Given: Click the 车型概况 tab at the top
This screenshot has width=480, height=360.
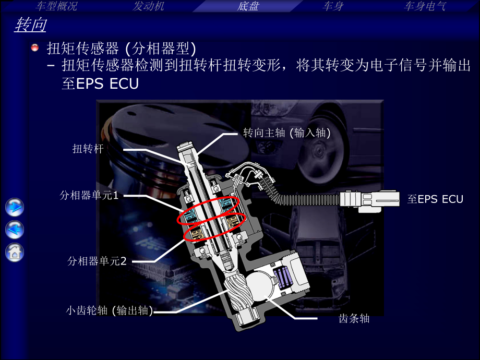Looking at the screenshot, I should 56,6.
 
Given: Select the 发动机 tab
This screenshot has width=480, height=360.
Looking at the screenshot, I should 149,6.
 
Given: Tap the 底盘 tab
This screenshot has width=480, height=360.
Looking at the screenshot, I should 248,6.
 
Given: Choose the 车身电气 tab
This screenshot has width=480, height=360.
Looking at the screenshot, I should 425,6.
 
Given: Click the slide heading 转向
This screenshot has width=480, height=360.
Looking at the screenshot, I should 31,26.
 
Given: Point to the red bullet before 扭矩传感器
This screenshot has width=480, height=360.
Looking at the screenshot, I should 35,48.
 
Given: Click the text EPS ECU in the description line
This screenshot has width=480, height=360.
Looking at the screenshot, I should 100,84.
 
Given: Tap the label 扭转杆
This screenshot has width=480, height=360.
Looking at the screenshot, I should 88,149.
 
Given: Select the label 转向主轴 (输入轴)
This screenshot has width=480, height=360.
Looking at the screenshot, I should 287,133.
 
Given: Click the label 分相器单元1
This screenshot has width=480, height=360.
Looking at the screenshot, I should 90,196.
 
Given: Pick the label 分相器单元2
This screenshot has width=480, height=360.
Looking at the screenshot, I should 97,261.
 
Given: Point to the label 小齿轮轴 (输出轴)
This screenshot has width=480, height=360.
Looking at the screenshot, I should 110,310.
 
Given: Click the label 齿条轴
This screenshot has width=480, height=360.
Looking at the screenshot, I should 354,318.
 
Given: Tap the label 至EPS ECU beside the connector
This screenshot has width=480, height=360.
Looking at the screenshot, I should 435,199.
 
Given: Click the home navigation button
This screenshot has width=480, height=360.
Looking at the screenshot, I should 15,252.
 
